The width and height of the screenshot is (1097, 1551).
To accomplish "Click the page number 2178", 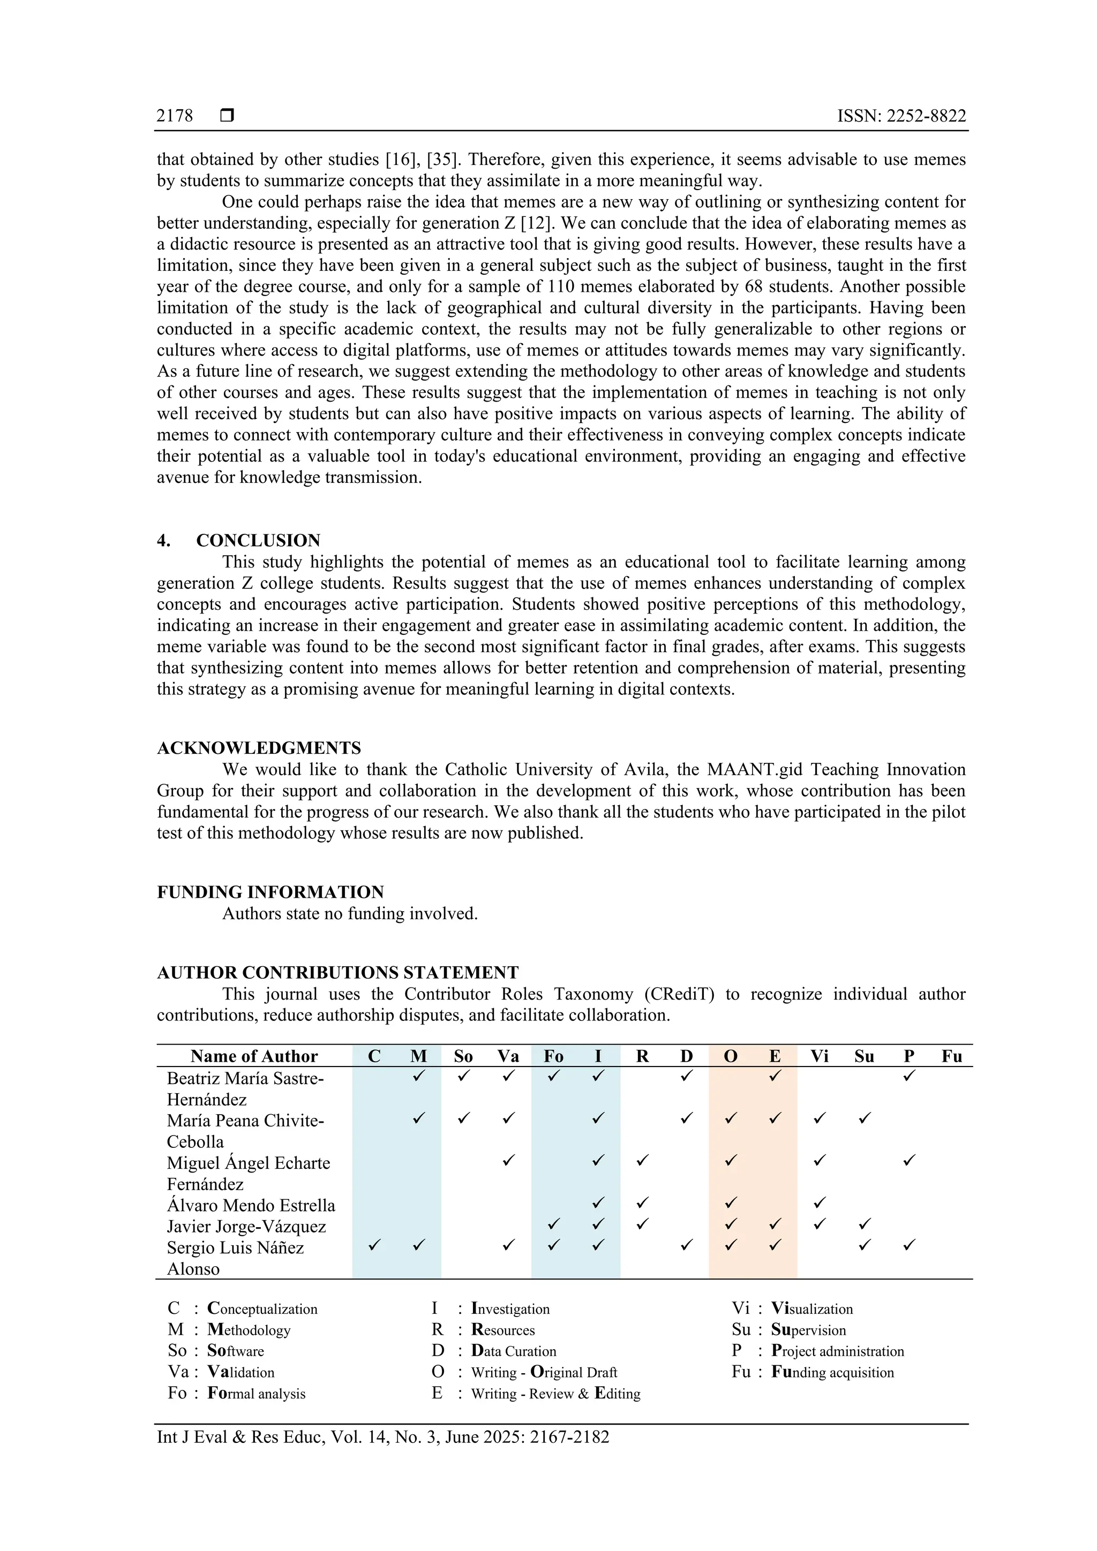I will [x=175, y=116].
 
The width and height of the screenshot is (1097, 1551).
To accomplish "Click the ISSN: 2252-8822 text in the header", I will [x=901, y=116].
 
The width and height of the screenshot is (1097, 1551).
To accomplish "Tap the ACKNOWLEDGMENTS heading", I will [x=259, y=748].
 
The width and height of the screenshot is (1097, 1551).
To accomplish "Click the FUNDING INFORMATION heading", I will [x=271, y=892].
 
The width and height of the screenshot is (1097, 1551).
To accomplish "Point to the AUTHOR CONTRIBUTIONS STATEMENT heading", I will [x=337, y=973].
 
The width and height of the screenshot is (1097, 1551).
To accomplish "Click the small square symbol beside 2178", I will [x=227, y=116].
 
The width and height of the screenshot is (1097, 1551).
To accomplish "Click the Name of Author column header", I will [x=253, y=1056].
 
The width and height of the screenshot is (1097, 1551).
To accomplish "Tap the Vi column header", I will [x=819, y=1056].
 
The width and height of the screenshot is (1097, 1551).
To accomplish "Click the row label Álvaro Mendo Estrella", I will [x=251, y=1206].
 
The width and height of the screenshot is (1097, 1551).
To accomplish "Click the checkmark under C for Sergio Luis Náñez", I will [x=374, y=1244].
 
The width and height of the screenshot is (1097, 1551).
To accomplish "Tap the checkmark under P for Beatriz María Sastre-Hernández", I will [x=909, y=1076].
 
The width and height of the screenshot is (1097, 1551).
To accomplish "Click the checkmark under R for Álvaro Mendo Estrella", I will [x=642, y=1202].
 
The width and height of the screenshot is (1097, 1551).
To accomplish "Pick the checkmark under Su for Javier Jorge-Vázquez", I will [x=864, y=1223].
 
